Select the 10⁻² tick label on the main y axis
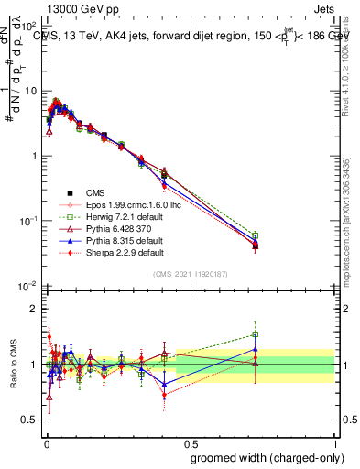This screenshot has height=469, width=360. [x=27, y=286]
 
